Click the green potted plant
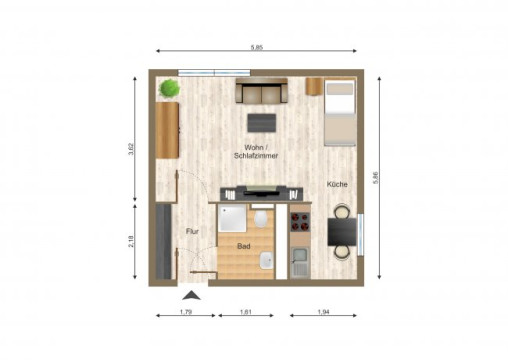click(169, 88)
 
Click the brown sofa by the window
click(261, 93)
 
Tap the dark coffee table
click(263, 122)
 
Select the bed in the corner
click(338, 112)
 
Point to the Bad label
click(243, 245)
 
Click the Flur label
click(193, 232)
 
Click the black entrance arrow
click(190, 294)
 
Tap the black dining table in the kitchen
click(341, 232)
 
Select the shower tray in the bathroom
click(232, 217)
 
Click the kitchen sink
click(300, 263)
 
